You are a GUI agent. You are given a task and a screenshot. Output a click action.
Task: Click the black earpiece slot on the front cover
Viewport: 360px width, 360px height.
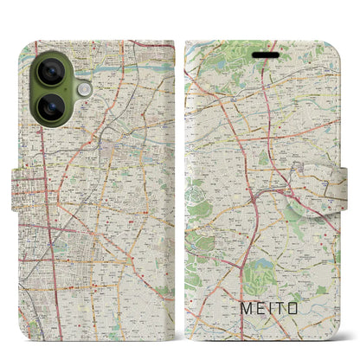pyautogui.click(x=263, y=53)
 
